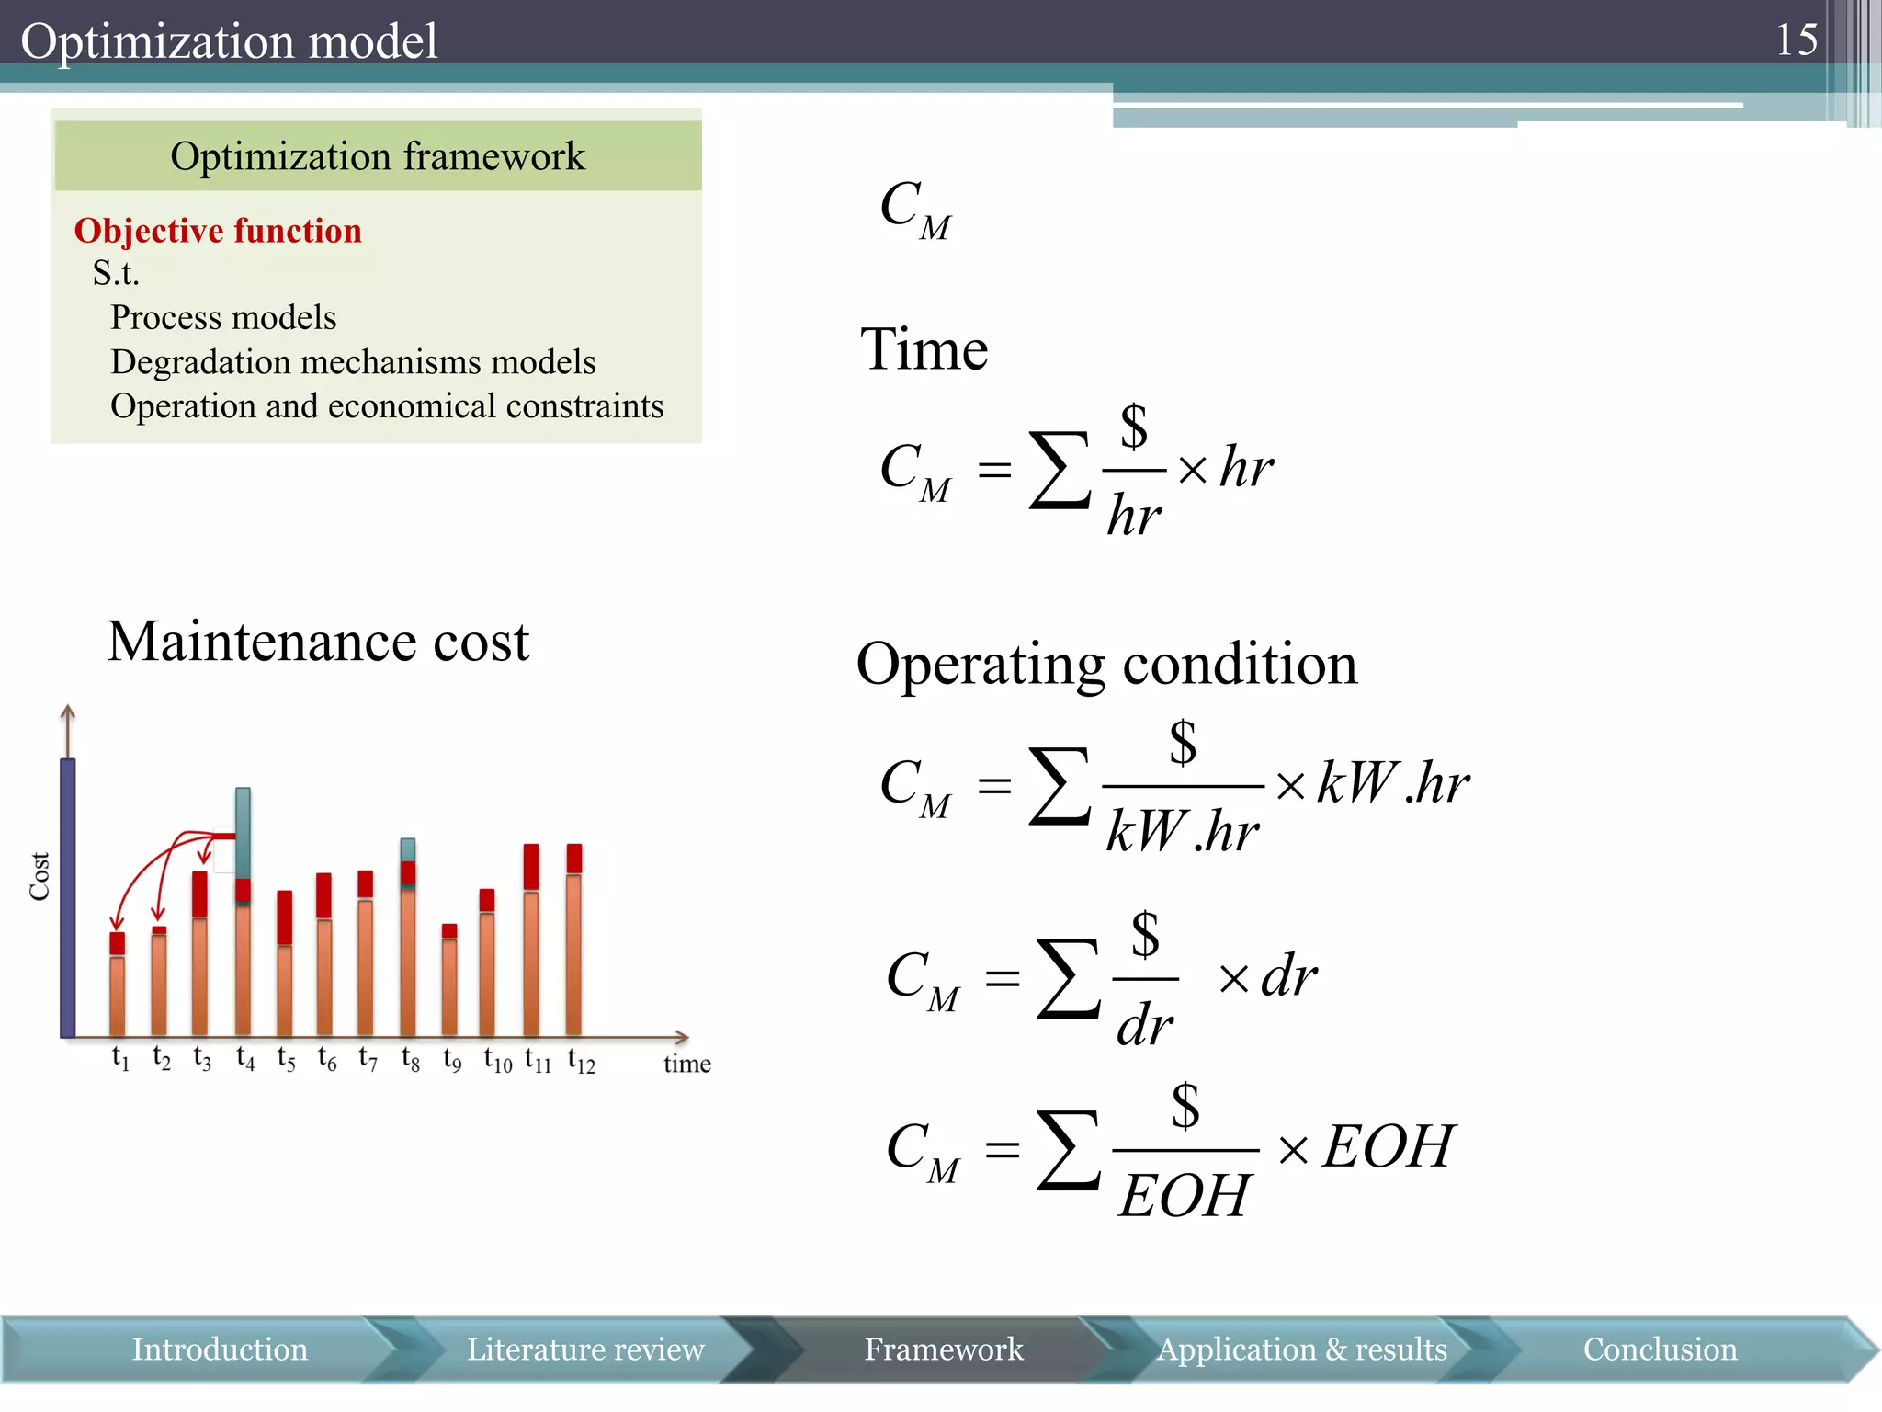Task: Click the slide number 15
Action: coord(1796,40)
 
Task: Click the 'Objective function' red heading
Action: coord(218,231)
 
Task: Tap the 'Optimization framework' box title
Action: coord(377,156)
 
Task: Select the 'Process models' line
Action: coord(223,317)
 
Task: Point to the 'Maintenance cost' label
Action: coord(318,641)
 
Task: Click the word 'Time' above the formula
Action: coord(924,349)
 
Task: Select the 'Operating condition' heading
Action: coord(1106,664)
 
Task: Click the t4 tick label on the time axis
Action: coord(244,1058)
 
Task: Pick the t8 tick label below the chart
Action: coord(410,1059)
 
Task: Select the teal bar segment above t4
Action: coord(243,832)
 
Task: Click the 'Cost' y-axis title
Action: coord(40,876)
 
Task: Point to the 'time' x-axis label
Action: coord(686,1064)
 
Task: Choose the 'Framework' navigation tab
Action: coord(943,1349)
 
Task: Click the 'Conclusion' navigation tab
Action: coord(1660,1349)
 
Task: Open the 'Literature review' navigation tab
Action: coord(585,1349)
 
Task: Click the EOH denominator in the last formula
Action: coord(1184,1195)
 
